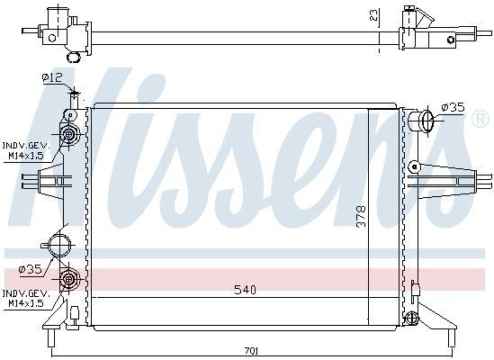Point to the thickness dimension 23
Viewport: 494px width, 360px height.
(373, 15)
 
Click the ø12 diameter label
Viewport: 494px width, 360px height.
(52, 77)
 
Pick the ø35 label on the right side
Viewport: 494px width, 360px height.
(453, 108)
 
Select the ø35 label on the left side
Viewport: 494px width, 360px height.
(31, 268)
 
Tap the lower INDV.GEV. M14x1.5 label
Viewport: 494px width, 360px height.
(25, 298)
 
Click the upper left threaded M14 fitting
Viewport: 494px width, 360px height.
(68, 135)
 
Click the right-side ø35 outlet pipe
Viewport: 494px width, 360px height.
(420, 120)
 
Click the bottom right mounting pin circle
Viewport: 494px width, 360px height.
(411, 317)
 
